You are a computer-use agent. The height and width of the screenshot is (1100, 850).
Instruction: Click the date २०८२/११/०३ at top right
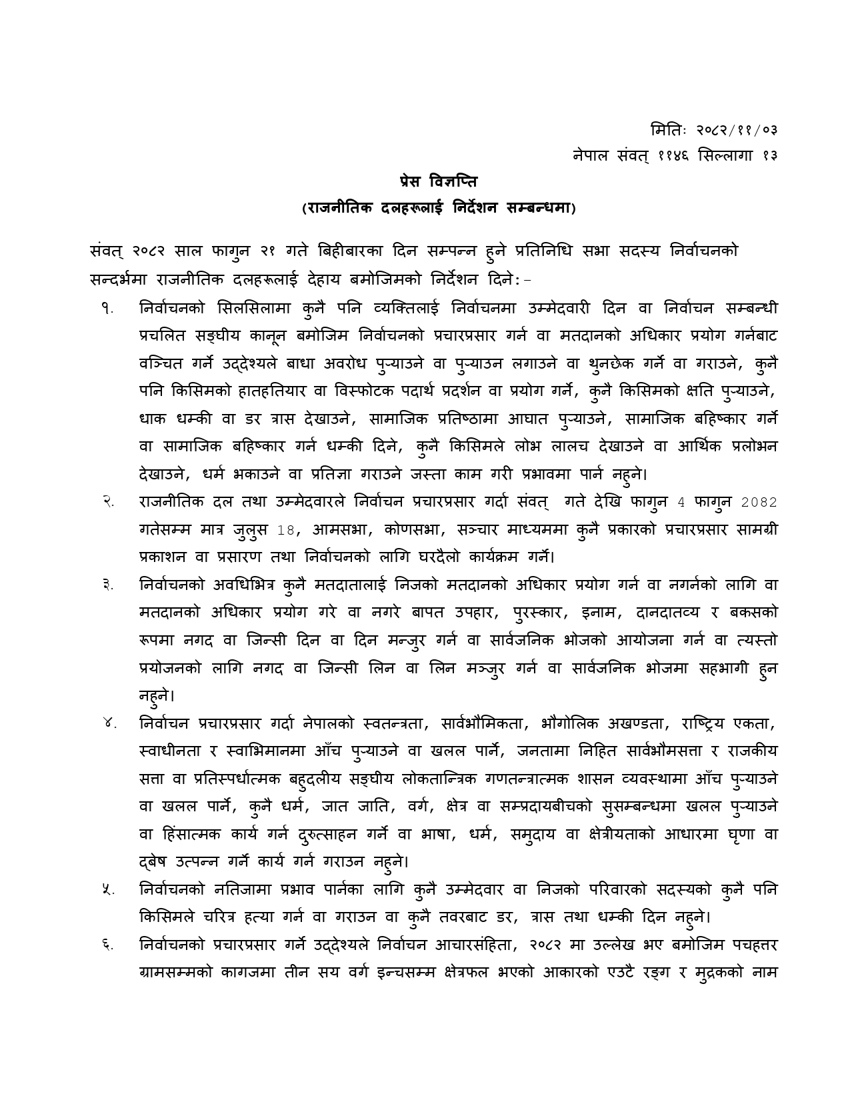(x=737, y=128)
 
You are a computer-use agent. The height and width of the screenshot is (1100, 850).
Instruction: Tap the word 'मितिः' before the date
(x=669, y=128)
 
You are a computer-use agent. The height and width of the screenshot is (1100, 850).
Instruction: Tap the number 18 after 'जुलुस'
(x=285, y=530)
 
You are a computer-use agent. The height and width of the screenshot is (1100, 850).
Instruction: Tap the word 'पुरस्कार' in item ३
(x=539, y=613)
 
